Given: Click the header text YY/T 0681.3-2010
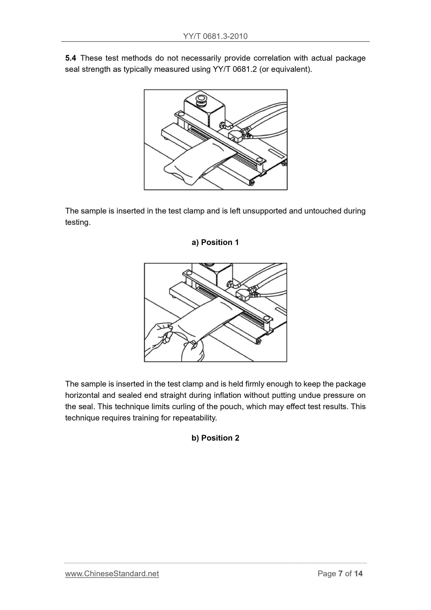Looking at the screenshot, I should [x=215, y=36].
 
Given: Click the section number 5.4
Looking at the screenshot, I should [x=70, y=58].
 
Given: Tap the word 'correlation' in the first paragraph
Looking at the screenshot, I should [x=272, y=58].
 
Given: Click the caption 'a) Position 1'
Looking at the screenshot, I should [x=215, y=242].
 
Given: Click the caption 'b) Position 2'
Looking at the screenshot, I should [x=215, y=438].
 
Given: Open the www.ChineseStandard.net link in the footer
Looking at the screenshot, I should [x=112, y=574].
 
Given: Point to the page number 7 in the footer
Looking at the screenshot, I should [x=340, y=574].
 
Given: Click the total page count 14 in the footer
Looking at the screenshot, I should [x=358, y=574].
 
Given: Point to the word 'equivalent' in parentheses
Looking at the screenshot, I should [x=291, y=70].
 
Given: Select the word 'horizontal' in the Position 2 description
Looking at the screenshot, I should [x=82, y=395].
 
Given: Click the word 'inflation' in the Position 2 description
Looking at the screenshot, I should [x=227, y=395].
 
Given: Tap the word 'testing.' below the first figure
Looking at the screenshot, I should [x=78, y=222].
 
